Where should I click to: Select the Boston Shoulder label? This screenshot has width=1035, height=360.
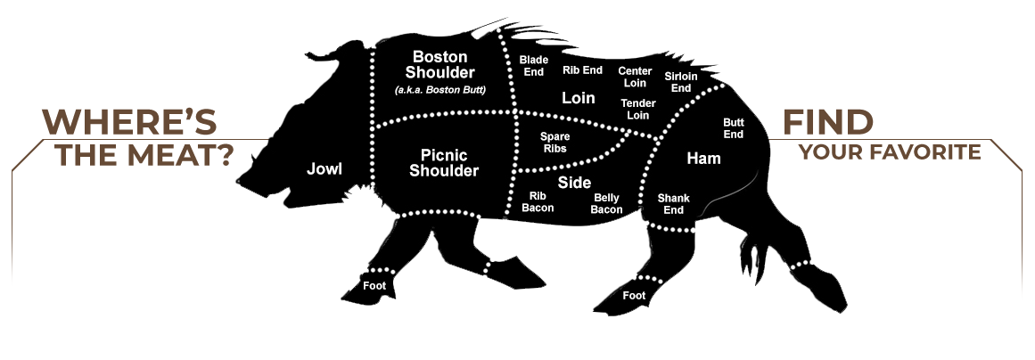[440, 65]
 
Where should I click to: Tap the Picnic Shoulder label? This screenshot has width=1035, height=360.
[444, 163]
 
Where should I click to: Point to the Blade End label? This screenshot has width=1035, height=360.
[534, 66]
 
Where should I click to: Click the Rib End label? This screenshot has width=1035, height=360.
[582, 70]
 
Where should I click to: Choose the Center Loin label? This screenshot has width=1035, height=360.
[635, 77]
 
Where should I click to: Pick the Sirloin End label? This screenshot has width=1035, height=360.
[681, 82]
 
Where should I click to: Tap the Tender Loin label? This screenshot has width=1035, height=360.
[638, 110]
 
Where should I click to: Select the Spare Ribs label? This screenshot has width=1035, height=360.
[554, 142]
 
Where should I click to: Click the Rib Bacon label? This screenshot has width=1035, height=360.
[538, 201]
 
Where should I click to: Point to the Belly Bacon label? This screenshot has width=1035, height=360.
[607, 203]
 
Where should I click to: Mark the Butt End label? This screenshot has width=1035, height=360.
[733, 128]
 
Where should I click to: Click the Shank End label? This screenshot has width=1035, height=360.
[673, 204]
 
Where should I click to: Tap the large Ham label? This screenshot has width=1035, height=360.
[703, 159]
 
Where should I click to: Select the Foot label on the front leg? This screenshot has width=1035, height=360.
[374, 285]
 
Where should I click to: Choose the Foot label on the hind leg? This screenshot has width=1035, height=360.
[634, 295]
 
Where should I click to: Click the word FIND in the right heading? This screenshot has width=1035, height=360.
[828, 122]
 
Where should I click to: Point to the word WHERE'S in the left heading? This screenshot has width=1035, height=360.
[130, 121]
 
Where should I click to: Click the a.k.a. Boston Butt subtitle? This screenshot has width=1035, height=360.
[439, 90]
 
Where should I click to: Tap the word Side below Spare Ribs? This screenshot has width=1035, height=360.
[574, 182]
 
